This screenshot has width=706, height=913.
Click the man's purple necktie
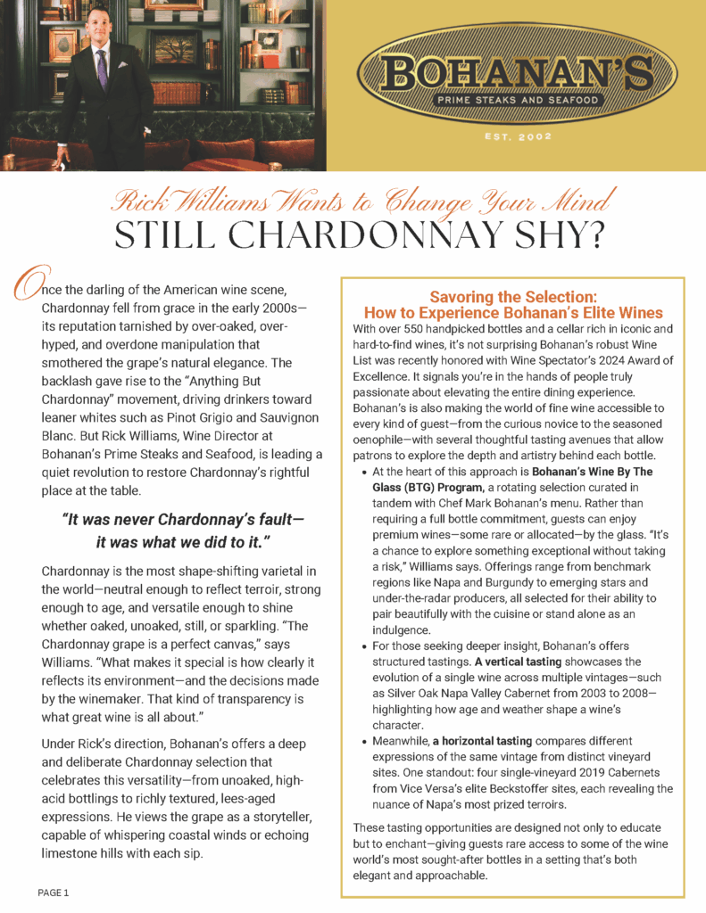(x=101, y=68)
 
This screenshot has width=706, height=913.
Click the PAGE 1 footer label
(x=54, y=892)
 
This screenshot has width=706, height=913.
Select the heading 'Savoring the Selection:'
(x=512, y=297)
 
